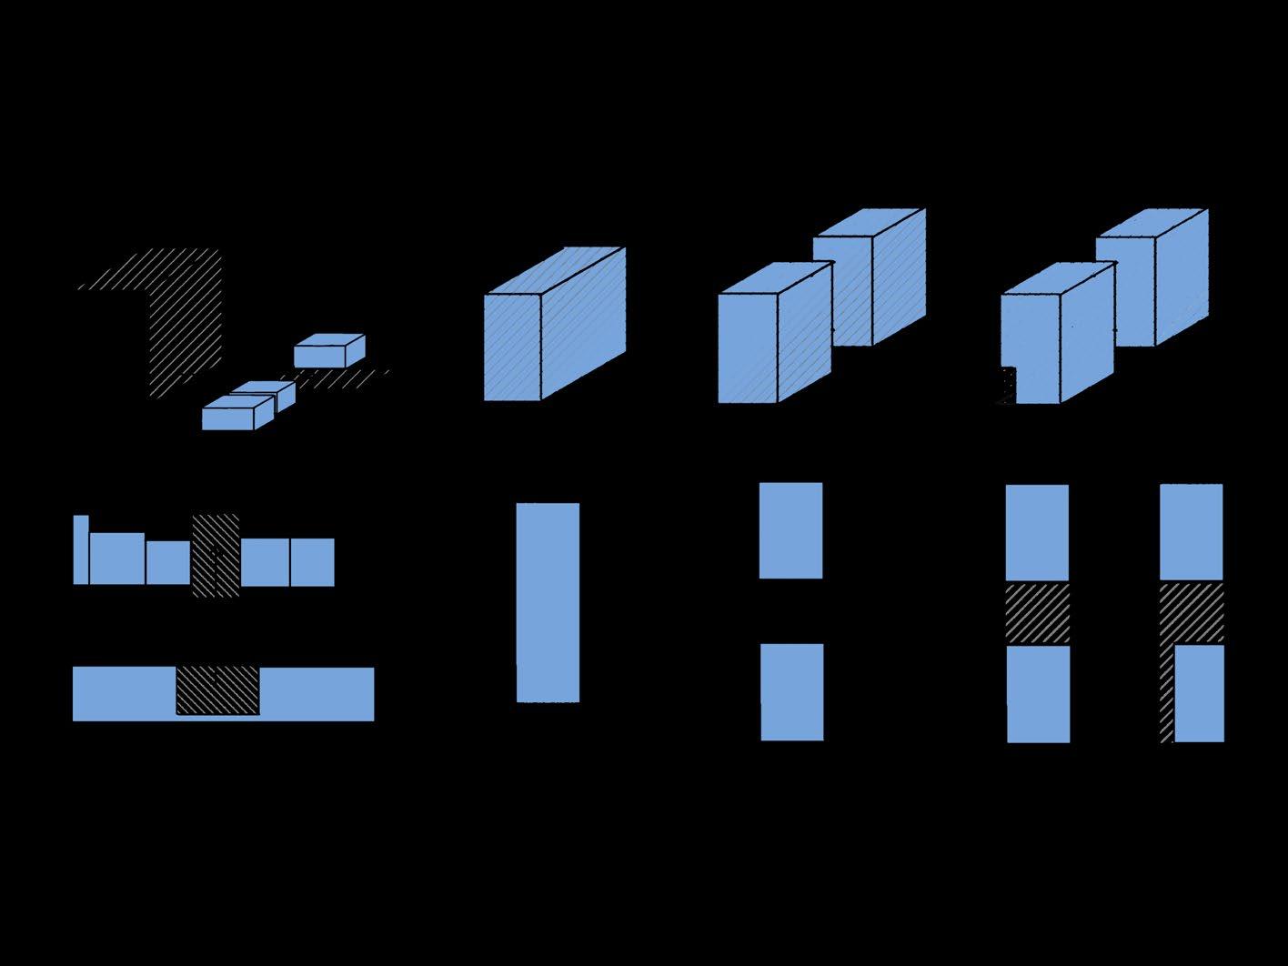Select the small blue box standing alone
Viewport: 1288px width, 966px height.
328,351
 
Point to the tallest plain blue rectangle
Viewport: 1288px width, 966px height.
548,602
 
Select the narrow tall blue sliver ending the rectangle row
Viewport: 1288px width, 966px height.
81,549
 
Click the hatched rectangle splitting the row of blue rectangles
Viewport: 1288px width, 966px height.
216,556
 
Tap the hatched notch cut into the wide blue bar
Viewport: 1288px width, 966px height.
217,690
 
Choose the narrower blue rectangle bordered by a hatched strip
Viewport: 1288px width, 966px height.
1199,693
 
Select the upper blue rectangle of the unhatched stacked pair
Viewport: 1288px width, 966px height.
790,530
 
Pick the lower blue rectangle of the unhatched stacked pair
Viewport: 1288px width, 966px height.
791,692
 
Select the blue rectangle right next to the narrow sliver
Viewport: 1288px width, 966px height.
116,558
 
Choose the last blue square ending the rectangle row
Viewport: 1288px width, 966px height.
312,562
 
